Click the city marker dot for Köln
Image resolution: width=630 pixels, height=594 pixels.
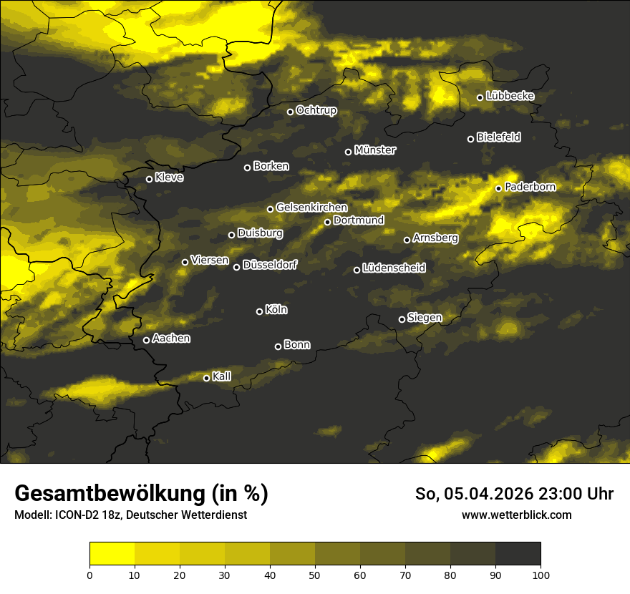click(x=259, y=311)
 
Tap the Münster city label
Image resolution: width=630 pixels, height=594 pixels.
click(x=375, y=150)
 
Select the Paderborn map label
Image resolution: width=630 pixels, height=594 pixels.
click(x=530, y=187)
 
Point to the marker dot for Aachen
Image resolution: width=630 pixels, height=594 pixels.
click(x=146, y=340)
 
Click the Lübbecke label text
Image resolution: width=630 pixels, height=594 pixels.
click(x=510, y=96)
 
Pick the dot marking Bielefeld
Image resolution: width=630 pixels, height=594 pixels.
click(x=470, y=139)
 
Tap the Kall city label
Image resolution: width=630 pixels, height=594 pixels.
click(x=222, y=376)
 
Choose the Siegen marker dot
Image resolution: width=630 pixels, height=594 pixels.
click(x=402, y=319)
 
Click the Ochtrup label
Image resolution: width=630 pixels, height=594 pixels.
click(x=316, y=110)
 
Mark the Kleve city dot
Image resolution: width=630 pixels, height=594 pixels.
click(x=149, y=179)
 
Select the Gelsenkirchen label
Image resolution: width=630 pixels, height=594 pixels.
click(x=311, y=208)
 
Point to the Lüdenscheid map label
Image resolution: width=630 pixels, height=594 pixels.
click(x=394, y=268)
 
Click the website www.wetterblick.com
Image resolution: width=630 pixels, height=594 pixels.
click(x=516, y=515)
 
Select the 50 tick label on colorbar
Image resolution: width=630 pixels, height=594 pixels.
click(x=315, y=574)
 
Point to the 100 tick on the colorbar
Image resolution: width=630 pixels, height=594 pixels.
click(x=541, y=574)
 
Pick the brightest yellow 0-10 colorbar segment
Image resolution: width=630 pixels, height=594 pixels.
click(x=112, y=553)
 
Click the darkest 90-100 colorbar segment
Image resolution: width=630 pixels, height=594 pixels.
click(x=518, y=553)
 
